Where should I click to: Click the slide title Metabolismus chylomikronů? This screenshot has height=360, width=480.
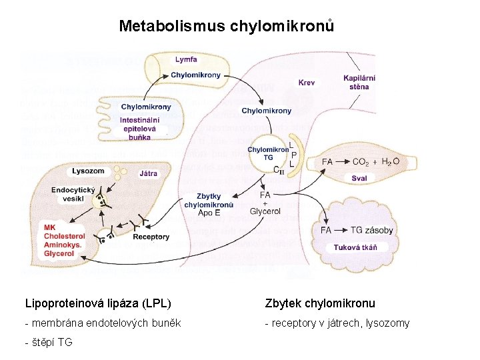tap(226, 27)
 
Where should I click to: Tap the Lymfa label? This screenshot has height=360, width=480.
tap(185, 60)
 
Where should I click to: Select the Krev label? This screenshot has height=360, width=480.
tap(307, 83)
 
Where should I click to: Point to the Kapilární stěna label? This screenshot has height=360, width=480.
tap(358, 82)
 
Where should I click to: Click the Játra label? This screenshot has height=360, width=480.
tap(149, 173)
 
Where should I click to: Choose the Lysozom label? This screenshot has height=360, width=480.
tap(89, 171)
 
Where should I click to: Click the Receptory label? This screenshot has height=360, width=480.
tap(151, 237)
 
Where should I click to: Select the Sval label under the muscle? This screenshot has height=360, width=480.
tap(359, 178)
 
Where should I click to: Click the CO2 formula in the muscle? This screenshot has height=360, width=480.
tap(361, 162)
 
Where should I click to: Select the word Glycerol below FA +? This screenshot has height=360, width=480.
tap(265, 211)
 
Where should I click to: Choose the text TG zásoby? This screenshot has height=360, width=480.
tap(371, 230)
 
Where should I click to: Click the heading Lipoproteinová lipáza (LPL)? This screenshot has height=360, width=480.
tap(98, 303)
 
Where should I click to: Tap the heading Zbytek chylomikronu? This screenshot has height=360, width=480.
tap(320, 303)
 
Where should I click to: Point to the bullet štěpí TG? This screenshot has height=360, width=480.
tap(49, 343)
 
